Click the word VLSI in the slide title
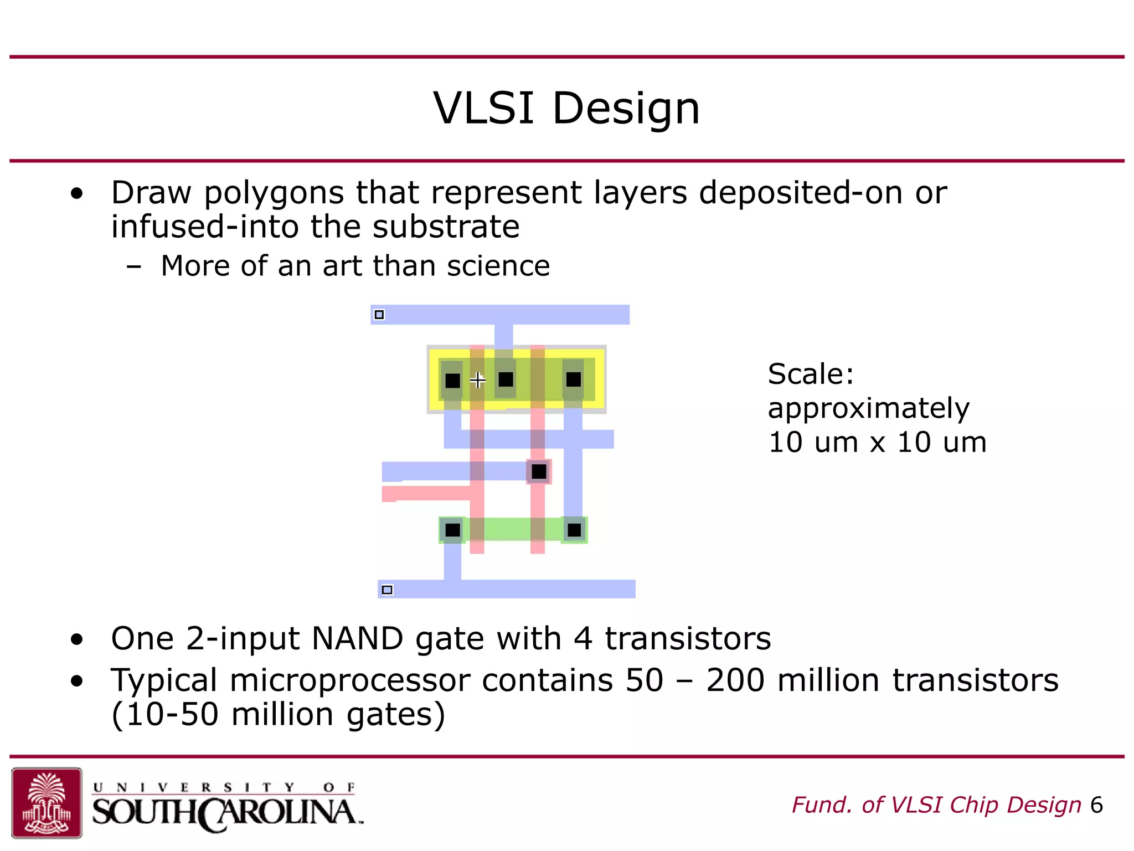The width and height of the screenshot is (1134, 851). pyautogui.click(x=483, y=108)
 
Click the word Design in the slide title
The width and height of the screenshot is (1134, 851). pyautogui.click(x=626, y=108)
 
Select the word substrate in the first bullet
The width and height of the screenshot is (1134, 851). pyautogui.click(x=446, y=227)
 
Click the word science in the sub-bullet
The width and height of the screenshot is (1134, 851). pyautogui.click(x=498, y=266)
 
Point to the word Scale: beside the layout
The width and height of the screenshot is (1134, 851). pyautogui.click(x=811, y=374)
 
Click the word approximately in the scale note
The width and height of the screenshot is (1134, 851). pyautogui.click(x=868, y=408)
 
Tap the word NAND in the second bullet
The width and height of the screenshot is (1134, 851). pyautogui.click(x=357, y=638)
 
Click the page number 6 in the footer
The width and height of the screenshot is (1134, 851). pyautogui.click(x=1096, y=805)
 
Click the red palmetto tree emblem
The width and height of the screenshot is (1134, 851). pyautogui.click(x=47, y=802)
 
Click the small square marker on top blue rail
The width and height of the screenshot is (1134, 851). pyautogui.click(x=379, y=315)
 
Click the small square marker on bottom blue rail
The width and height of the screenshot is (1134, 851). pyautogui.click(x=388, y=589)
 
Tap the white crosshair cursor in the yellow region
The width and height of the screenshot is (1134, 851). pyautogui.click(x=477, y=380)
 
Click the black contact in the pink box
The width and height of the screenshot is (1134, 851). pyautogui.click(x=539, y=471)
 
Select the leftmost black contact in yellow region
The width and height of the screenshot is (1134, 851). pyautogui.click(x=452, y=381)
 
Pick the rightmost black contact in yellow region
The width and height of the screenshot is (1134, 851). pyautogui.click(x=574, y=380)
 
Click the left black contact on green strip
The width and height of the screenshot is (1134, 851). pyautogui.click(x=452, y=530)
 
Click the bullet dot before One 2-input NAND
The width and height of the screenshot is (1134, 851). pyautogui.click(x=77, y=639)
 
